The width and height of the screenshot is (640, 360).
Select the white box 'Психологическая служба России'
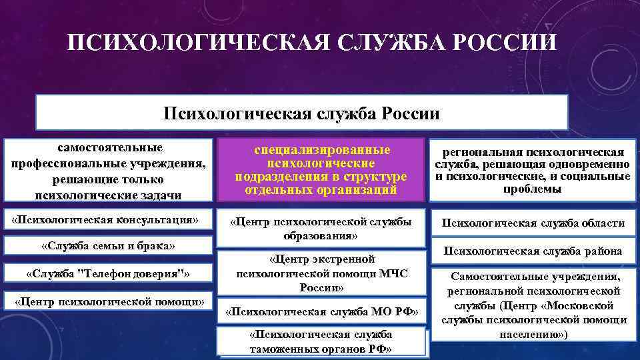(x=301, y=112)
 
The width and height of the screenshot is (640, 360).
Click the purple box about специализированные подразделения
(x=321, y=169)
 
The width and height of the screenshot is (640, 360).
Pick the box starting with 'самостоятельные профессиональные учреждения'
(x=109, y=170)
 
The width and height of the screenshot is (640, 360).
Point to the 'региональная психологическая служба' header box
(x=533, y=170)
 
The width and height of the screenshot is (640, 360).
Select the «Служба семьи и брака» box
(x=108, y=245)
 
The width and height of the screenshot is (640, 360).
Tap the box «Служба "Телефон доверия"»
(x=108, y=273)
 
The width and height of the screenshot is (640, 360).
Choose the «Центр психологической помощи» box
(x=109, y=301)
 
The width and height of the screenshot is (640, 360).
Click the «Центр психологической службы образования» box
(x=321, y=228)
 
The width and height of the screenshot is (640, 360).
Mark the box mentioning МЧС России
(x=321, y=273)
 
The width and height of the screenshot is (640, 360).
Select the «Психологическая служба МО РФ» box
(x=321, y=311)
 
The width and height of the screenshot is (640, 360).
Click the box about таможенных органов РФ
(x=321, y=341)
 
